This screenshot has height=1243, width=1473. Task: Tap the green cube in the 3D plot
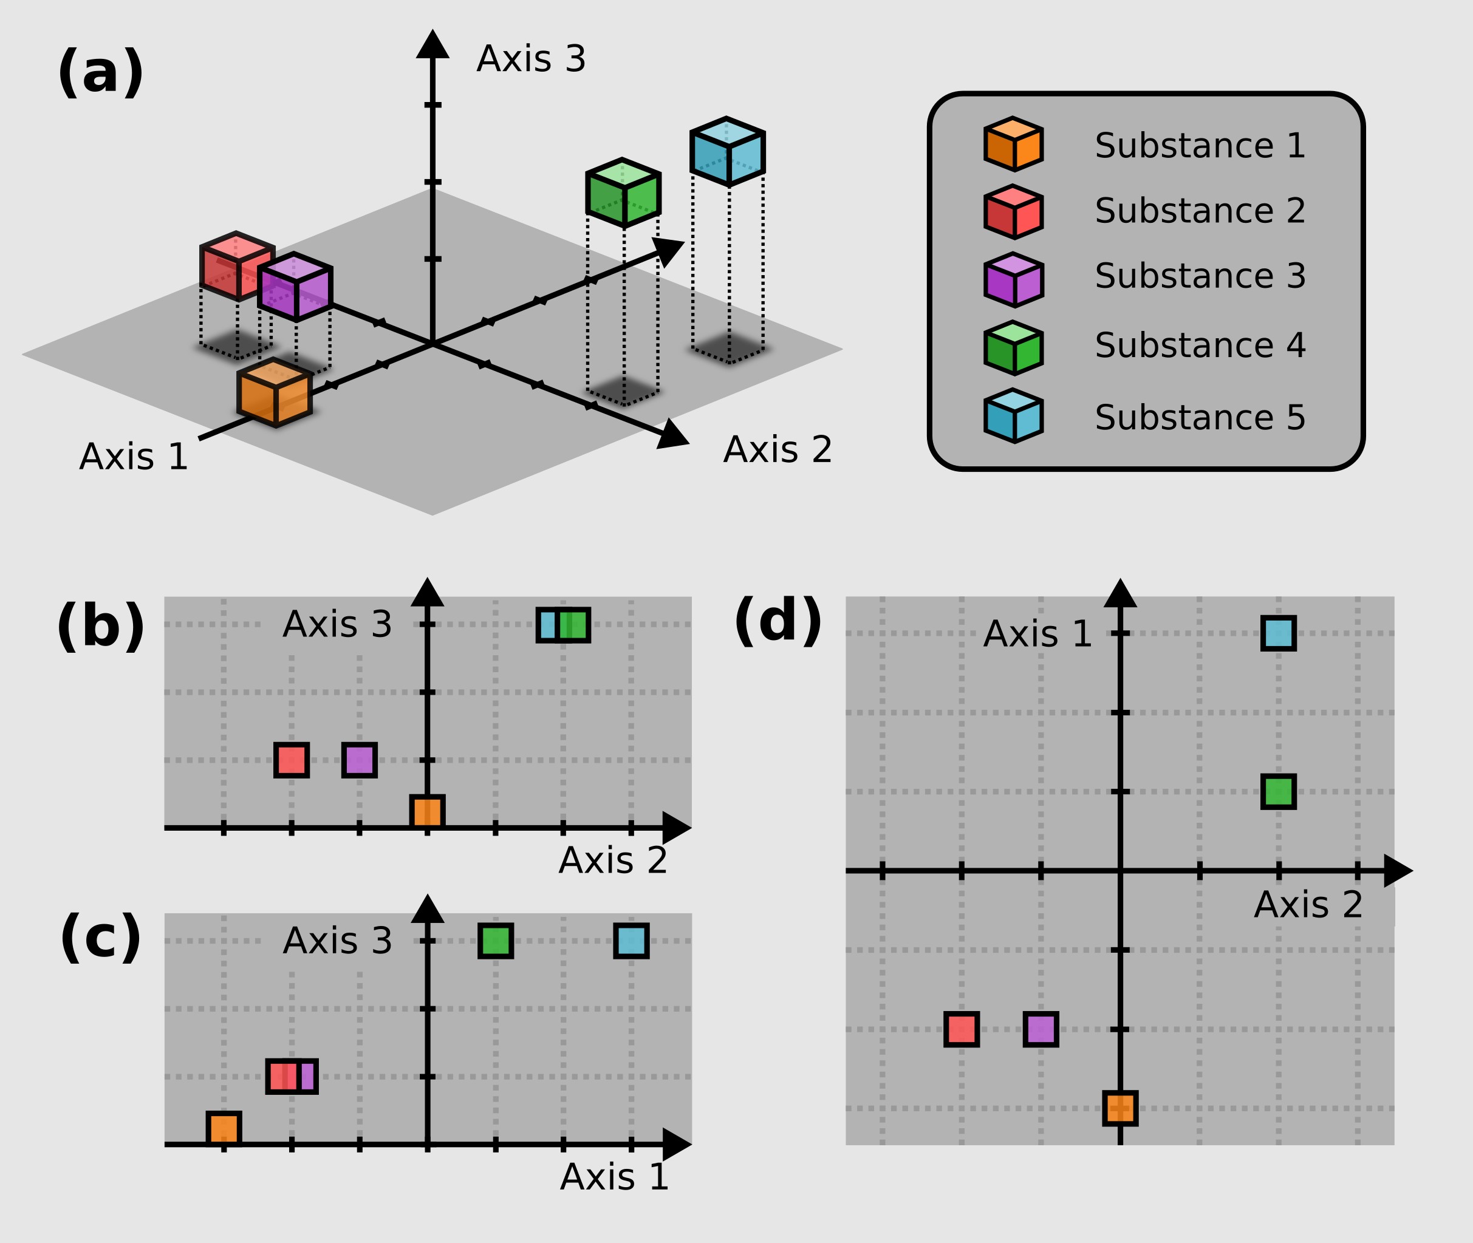point(623,193)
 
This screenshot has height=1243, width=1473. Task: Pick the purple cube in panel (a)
point(295,287)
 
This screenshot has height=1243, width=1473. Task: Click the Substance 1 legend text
point(1200,146)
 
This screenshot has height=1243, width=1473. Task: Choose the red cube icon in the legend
point(1013,212)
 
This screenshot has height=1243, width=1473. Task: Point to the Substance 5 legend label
point(1200,417)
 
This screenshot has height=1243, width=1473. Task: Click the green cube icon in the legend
point(1013,348)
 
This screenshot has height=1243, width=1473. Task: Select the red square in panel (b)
point(291,760)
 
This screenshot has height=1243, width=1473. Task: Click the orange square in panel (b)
point(427,812)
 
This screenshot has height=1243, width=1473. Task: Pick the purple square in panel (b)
point(360,760)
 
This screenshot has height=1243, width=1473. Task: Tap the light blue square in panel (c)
point(631,941)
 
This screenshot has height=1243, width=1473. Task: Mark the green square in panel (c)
point(496,941)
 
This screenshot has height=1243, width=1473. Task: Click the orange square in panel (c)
point(224,1129)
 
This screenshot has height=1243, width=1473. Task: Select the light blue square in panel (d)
point(1279,633)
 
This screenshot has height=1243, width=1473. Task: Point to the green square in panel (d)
point(1279,791)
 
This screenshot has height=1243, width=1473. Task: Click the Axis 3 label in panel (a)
point(531,58)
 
